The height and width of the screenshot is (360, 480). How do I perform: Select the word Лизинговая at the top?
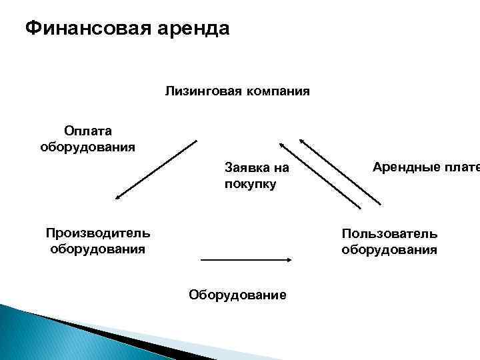[197, 91]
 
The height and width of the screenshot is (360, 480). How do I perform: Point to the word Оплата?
[88, 131]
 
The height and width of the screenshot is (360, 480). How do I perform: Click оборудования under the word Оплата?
[88, 146]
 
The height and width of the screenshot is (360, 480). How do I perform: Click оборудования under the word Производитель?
[98, 249]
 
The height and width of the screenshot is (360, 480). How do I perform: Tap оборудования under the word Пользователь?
[389, 249]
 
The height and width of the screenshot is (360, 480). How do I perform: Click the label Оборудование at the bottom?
[238, 294]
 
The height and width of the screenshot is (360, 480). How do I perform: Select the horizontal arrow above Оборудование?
[247, 260]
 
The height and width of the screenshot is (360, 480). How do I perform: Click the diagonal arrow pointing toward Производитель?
[156, 169]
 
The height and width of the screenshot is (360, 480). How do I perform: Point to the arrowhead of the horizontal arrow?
[291, 260]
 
